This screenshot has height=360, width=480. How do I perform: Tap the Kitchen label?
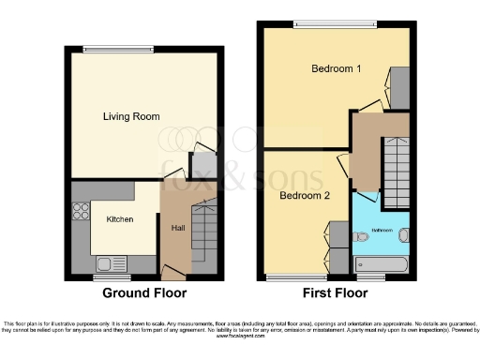pos(119,219)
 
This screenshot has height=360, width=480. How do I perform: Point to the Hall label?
pos(177,228)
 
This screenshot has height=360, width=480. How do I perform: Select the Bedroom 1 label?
pos(336,68)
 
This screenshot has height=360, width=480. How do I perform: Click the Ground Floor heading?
pos(142,292)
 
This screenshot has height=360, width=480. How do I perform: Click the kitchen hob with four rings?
pos(80,212)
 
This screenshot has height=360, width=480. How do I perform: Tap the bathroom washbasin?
pos(404,234)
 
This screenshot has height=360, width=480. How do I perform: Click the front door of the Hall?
pos(172,273)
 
